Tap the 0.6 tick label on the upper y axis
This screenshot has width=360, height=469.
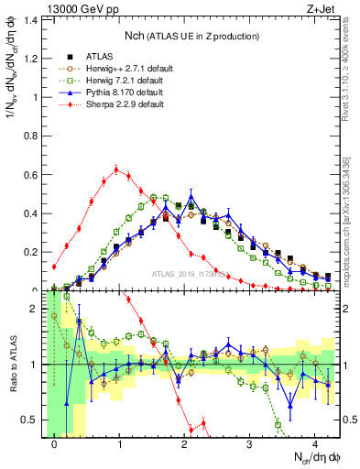[x=32, y=175]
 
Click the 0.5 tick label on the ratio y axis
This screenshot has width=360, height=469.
[x=32, y=420]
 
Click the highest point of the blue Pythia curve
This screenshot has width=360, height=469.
[x=191, y=196]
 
